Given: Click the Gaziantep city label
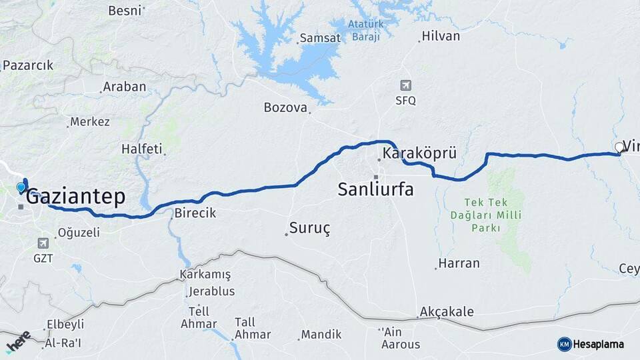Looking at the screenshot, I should click(75, 197).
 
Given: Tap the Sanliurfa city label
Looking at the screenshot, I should click(375, 189).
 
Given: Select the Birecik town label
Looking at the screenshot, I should click(195, 213).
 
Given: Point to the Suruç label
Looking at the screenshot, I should click(309, 228).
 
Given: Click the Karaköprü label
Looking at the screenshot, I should click(419, 154).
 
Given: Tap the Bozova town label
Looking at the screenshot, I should click(285, 107).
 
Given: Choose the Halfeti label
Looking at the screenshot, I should click(141, 149).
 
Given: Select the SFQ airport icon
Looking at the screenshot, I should click(405, 85).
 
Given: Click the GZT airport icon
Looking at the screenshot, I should click(43, 243).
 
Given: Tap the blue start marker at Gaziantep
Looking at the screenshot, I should click(21, 187).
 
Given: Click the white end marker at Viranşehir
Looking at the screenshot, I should click(619, 147).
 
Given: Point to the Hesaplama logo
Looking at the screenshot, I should click(591, 344).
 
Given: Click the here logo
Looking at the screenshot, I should click(19, 341).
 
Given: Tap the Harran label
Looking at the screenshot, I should click(459, 263).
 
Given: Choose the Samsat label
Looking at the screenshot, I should click(320, 38).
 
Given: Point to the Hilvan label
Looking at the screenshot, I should click(441, 36).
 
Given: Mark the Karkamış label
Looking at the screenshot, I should click(205, 275).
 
